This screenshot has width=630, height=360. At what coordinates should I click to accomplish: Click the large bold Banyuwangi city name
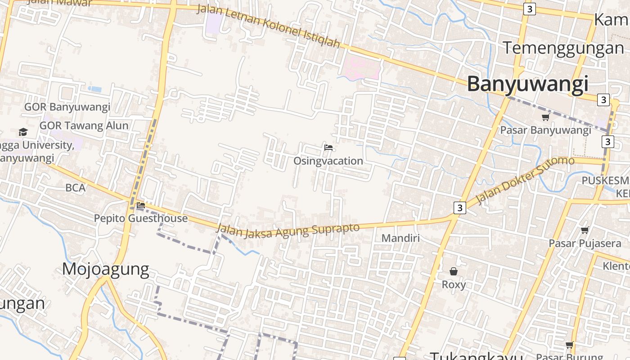tap(527, 84)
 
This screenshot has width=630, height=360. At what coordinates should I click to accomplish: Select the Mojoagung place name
tap(106, 269)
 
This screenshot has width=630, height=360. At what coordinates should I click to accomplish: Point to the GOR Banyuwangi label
tap(67, 107)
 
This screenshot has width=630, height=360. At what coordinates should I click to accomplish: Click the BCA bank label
tap(75, 188)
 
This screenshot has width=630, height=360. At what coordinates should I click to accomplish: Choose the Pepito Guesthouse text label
tap(140, 219)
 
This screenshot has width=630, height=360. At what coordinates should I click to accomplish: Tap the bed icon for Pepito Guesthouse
tap(141, 206)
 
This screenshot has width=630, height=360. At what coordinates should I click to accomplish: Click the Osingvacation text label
tap(328, 161)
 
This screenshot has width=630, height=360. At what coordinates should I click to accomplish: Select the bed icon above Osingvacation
tap(328, 147)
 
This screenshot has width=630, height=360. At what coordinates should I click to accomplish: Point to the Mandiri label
tap(400, 238)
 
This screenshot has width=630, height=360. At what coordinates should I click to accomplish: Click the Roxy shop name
tap(454, 285)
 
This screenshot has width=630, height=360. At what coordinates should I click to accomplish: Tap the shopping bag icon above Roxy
tap(454, 271)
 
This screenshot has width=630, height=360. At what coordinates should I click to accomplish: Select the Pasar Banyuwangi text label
tap(545, 130)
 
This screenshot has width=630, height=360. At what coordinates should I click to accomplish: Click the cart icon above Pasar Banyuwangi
tap(546, 117)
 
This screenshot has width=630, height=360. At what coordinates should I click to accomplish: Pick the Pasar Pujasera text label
tap(585, 243)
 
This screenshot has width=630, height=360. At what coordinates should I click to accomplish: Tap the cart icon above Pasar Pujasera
tap(585, 230)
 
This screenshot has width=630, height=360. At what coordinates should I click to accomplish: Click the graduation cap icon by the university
tap(23, 132)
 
